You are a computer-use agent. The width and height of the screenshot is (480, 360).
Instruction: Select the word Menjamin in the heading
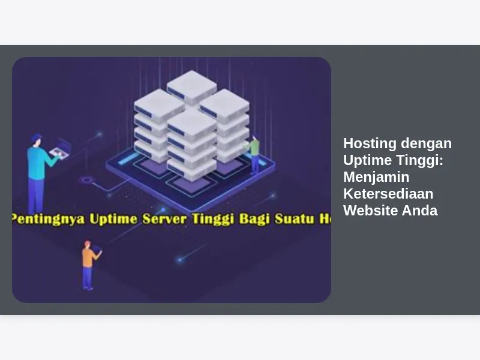[x=376, y=177]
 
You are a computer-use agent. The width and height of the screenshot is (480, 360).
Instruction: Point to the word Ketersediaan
[x=388, y=194]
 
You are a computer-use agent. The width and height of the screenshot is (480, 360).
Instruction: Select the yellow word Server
[x=164, y=219]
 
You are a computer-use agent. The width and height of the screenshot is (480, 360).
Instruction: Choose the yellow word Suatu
[x=295, y=219]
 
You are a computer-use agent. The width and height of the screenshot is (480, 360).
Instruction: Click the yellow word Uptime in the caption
[x=113, y=219]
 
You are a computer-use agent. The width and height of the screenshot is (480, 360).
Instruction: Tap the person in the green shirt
[x=253, y=155]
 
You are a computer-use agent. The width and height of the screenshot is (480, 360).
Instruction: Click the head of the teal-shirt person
[x=37, y=140]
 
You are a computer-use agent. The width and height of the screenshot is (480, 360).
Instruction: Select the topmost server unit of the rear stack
[x=192, y=86]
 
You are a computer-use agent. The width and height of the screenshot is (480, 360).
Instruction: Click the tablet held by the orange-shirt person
[x=97, y=249]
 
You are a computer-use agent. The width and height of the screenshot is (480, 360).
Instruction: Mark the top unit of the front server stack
[x=191, y=125]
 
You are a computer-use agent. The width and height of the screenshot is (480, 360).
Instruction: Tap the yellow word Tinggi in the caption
[x=213, y=219]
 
